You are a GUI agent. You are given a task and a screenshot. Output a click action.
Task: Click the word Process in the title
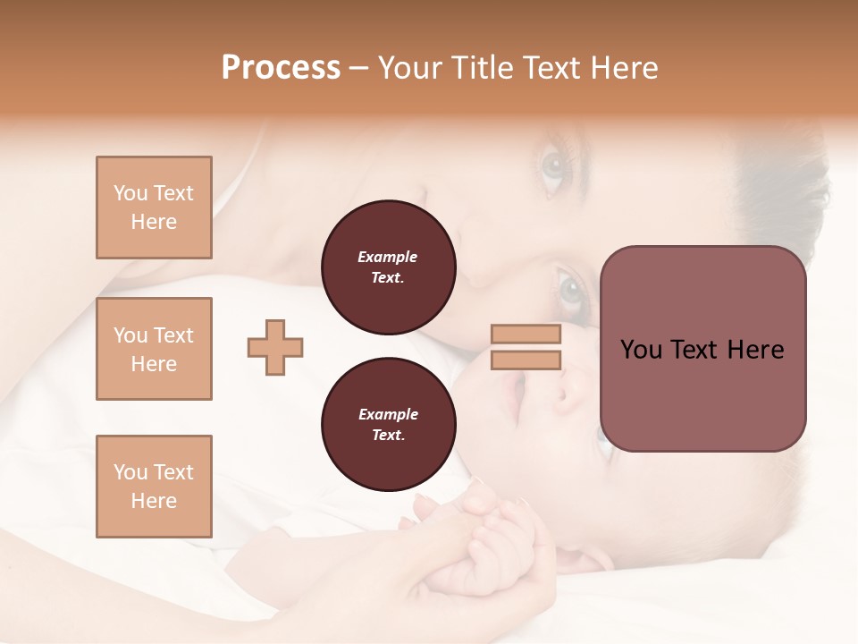tap(281, 68)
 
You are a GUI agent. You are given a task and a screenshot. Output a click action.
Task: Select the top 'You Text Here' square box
tap(154, 208)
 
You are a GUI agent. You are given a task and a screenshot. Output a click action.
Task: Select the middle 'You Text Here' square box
tap(154, 349)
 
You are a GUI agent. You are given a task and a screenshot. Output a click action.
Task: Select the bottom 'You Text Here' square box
tap(154, 487)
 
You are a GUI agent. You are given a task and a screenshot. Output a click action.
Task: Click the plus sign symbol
tap(275, 347)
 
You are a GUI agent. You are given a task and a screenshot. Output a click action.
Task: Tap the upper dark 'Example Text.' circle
tap(388, 267)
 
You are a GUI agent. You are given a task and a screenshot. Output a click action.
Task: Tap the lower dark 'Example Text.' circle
tap(388, 425)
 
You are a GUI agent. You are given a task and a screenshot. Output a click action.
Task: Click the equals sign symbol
tap(526, 347)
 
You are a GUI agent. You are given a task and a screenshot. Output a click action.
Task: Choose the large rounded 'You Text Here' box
tap(702, 349)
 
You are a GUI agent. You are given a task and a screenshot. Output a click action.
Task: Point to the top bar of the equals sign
tap(526, 335)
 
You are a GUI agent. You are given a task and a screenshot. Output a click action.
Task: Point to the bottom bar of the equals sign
tap(526, 360)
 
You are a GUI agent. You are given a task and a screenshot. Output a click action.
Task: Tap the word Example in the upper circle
tap(388, 257)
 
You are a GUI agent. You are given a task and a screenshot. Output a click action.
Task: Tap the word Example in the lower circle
tap(388, 414)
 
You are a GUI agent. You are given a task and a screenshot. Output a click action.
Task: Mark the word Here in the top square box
tap(154, 222)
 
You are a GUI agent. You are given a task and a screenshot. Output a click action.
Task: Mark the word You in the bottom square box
tap(130, 472)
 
